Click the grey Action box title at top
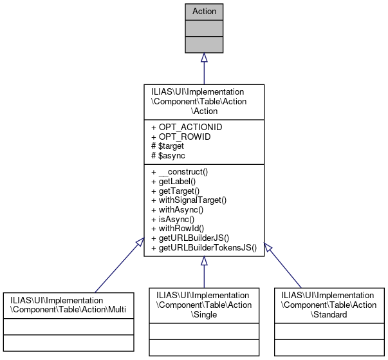click(x=203, y=11)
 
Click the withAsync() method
click(x=176, y=209)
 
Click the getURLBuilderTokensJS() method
click(x=203, y=246)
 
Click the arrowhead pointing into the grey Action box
click(x=203, y=58)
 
